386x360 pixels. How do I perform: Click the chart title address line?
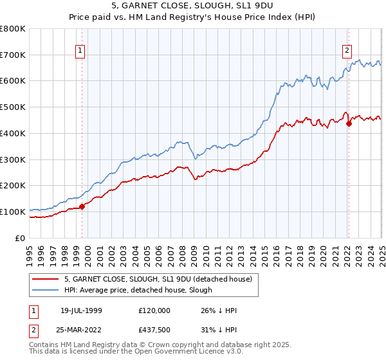pyautogui.click(x=193, y=6)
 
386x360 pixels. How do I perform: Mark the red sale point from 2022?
pyautogui.click(x=349, y=123)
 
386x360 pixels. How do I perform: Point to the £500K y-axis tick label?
pyautogui.click(x=13, y=107)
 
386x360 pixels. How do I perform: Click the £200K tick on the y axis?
pyautogui.click(x=13, y=186)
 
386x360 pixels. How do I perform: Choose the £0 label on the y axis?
pyautogui.click(x=21, y=238)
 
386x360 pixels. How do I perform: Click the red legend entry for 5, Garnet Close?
pyautogui.click(x=161, y=278)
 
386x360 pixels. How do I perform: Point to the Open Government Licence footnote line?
pyautogui.click(x=129, y=352)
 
